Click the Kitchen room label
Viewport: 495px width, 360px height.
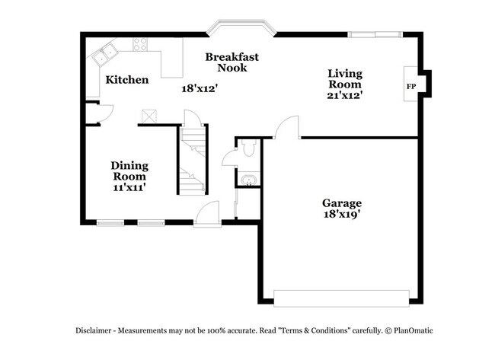[x=126, y=80]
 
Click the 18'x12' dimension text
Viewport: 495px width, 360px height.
[x=199, y=88]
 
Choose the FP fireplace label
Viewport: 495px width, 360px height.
[x=410, y=86]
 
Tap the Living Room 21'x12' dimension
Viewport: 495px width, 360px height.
[x=344, y=95]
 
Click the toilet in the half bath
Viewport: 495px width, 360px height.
[x=248, y=149]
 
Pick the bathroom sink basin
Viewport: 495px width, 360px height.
[x=248, y=180]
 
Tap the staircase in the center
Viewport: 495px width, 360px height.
[x=192, y=160]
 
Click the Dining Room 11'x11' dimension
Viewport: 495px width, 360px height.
[x=129, y=186]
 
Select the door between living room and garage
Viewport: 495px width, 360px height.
[x=287, y=128]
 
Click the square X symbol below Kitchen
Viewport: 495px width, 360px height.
[x=148, y=116]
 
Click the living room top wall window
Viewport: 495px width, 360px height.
[x=374, y=33]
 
